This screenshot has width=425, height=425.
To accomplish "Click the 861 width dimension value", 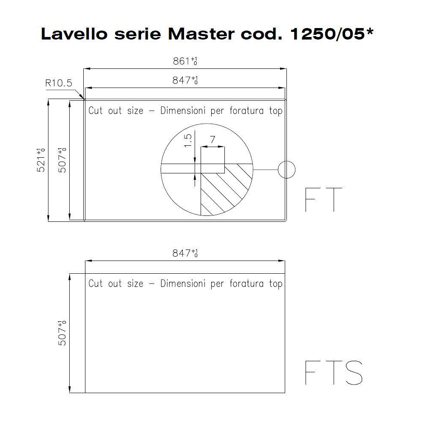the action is [x=185, y=61].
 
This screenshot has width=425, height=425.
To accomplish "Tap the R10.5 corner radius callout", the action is [x=59, y=83].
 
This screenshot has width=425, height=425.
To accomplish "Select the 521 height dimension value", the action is [x=41, y=160].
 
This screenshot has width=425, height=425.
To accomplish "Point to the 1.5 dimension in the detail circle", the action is [x=187, y=140].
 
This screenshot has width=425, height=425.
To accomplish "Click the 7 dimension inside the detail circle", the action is [x=213, y=139].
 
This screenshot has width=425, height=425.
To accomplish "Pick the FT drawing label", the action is [x=323, y=200].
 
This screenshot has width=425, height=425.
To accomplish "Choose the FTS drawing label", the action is [x=334, y=373].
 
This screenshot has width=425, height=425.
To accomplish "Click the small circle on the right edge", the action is [x=286, y=170].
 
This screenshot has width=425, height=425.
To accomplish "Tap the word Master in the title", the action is [x=201, y=34].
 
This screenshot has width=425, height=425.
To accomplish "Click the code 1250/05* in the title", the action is [x=332, y=34].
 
